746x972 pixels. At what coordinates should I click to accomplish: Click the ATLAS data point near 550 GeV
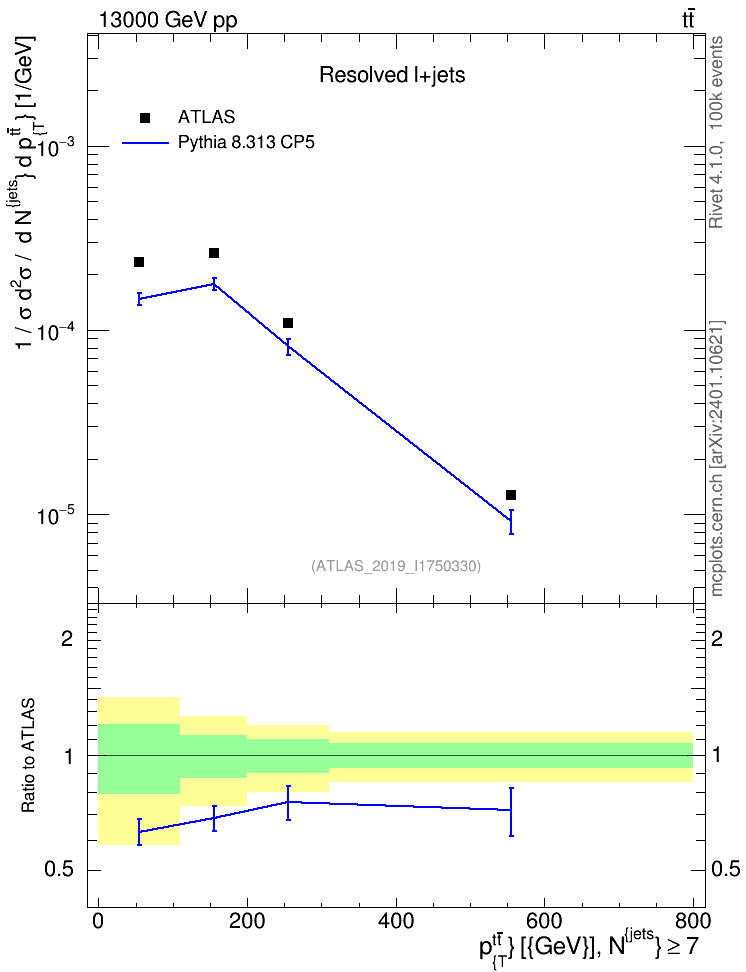511,495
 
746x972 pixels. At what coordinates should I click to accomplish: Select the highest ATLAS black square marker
214,253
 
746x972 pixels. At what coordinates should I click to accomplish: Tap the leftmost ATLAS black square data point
139,262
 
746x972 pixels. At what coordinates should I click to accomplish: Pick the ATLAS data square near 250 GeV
288,323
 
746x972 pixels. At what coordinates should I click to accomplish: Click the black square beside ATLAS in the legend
145,118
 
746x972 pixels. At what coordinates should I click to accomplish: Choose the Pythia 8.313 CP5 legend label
246,143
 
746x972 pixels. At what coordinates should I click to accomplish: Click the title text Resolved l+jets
392,75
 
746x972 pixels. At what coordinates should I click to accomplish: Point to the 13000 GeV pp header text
167,20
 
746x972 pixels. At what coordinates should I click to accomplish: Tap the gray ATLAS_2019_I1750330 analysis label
396,565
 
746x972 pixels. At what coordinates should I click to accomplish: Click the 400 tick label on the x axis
396,921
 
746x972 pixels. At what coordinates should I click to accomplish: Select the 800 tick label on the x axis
693,921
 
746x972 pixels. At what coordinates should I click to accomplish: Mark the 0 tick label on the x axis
98,921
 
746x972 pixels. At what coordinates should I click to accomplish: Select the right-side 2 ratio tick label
717,638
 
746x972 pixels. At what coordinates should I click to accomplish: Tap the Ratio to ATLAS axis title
28,756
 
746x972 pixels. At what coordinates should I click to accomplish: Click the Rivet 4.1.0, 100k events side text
716,132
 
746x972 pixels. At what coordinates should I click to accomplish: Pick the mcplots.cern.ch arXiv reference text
717,458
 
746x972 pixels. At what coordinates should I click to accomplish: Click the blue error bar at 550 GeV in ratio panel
511,811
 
